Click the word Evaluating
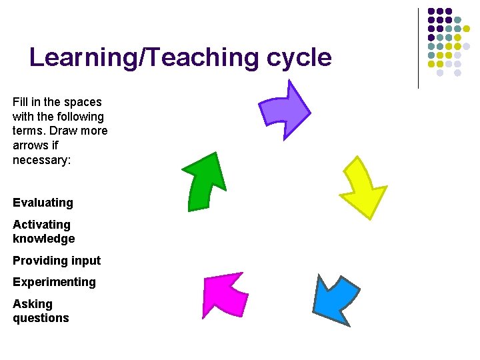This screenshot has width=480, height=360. [x=43, y=203]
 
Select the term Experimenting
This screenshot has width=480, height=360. [x=54, y=282]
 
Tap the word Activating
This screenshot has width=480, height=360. [x=41, y=225]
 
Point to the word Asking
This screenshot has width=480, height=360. [x=33, y=304]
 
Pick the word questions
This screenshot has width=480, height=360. [x=41, y=318]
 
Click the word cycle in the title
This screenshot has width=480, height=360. [x=299, y=58]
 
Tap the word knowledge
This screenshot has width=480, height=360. [x=43, y=239]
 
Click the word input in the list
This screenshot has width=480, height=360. [x=85, y=261]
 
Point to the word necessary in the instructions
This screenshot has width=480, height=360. [x=41, y=160]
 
